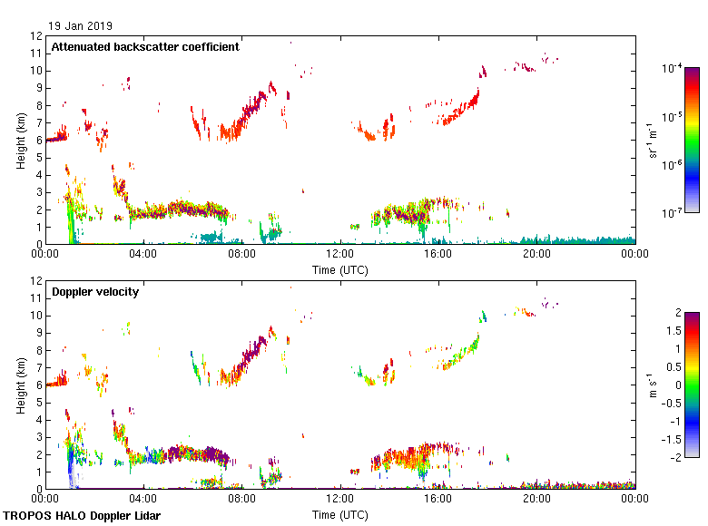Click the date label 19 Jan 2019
(81, 25)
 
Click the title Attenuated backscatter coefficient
(145, 46)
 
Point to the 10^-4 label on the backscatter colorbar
(674, 69)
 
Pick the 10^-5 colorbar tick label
(674, 117)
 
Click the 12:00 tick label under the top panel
(339, 255)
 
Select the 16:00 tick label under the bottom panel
(438, 500)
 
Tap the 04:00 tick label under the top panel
(143, 255)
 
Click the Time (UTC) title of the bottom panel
(339, 515)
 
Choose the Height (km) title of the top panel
(21, 141)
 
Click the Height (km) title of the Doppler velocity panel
(21, 385)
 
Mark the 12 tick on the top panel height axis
(36, 36)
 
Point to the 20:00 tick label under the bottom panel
(536, 500)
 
